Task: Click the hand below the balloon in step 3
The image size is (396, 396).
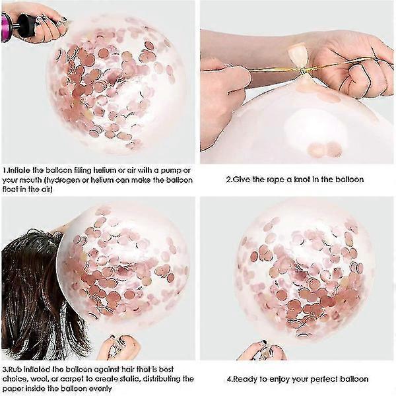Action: tap(119, 346)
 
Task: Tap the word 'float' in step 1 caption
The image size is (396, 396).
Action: tap(10, 189)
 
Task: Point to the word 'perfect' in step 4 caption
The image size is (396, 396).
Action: tap(324, 379)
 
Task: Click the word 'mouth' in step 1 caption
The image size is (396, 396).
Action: tap(30, 180)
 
